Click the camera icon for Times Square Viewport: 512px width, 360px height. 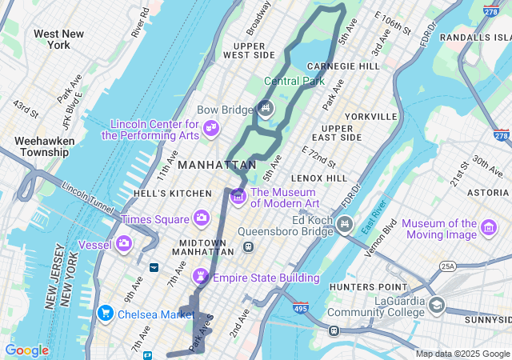coord(202,218)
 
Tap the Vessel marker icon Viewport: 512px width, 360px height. coord(124,242)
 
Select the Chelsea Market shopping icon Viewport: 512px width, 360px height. coord(105,314)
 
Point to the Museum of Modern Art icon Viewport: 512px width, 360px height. coord(238,196)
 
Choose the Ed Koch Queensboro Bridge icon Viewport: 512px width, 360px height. coord(345,223)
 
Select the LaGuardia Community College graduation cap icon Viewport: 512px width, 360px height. coord(437,305)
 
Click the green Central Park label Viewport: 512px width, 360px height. coord(294,81)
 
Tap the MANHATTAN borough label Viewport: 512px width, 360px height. coord(212,165)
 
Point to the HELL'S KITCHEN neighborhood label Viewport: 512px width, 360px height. coord(184,194)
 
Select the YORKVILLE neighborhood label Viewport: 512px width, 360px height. coord(370,116)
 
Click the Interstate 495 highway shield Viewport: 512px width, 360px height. coord(301,306)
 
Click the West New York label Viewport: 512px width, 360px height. coord(59,39)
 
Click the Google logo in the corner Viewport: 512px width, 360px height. coord(26,350)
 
